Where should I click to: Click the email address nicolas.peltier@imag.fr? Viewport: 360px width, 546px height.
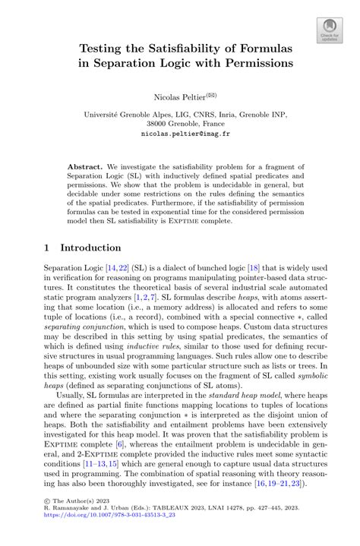pos(179,133)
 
